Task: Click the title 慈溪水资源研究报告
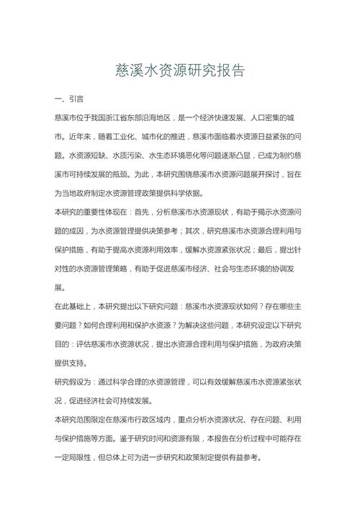(180, 71)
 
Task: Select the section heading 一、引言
(69, 97)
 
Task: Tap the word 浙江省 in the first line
(126, 117)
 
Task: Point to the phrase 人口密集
(271, 117)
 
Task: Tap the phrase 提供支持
(69, 363)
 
